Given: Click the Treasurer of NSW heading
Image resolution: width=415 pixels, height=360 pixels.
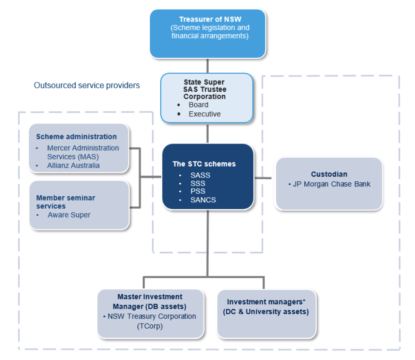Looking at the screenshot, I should click(x=207, y=19).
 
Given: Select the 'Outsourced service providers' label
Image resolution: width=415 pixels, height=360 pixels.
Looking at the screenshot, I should click(x=87, y=85).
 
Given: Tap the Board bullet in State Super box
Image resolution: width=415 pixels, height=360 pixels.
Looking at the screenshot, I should click(x=198, y=105).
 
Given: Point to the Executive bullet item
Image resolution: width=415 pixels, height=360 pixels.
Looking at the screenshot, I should click(x=204, y=114).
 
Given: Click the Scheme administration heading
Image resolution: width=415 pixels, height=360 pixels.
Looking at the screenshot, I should click(x=76, y=137).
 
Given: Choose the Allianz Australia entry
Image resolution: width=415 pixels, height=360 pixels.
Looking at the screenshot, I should click(x=73, y=165).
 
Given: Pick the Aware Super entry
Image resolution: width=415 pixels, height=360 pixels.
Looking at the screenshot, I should click(x=69, y=215).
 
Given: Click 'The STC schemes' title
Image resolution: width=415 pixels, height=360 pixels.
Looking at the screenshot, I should click(x=204, y=164).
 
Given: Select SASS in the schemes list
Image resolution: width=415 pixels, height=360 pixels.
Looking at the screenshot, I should click(x=201, y=175).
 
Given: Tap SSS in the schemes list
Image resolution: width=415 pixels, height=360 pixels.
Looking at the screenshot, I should click(x=198, y=183).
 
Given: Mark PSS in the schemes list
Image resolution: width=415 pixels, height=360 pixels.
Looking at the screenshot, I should click(x=198, y=192).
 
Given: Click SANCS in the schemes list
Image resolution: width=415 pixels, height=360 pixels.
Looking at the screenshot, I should click(x=203, y=200).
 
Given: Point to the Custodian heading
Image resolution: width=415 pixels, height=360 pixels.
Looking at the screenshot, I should click(x=329, y=174).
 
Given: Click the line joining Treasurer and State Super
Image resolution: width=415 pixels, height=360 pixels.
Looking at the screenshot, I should click(x=207, y=66).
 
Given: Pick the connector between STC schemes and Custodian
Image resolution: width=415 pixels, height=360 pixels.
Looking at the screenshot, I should click(x=264, y=177).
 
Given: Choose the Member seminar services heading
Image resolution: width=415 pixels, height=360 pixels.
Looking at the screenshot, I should click(x=66, y=202).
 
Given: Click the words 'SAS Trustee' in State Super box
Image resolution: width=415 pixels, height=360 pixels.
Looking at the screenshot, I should click(x=204, y=89).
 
